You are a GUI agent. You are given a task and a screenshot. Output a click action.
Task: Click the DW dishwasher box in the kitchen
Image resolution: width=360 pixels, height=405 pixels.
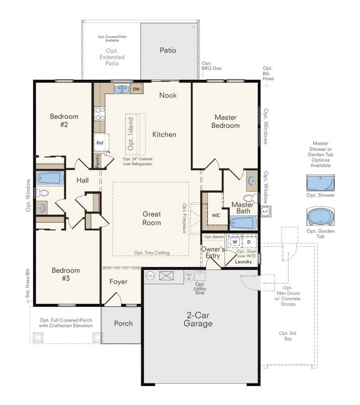[x=136, y=89]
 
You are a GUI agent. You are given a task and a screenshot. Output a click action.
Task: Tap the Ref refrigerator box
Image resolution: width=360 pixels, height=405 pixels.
[x=100, y=143]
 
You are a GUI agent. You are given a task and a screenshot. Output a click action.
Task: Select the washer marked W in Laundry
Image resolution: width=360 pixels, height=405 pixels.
[x=234, y=242]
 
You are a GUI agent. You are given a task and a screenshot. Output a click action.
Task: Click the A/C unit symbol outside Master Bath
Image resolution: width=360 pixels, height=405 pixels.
[x=265, y=211]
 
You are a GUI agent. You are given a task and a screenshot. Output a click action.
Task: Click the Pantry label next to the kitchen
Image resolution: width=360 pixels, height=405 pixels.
[x=97, y=161]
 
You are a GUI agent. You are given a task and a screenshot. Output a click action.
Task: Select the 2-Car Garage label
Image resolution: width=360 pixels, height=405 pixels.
[x=198, y=319]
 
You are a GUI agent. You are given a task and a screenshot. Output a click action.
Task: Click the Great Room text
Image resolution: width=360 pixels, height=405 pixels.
[x=152, y=218]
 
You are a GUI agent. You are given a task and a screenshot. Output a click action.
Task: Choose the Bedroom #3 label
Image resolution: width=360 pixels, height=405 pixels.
[x=66, y=274]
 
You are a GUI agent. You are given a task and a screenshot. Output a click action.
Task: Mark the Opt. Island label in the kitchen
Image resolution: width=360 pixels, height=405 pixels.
[x=130, y=134]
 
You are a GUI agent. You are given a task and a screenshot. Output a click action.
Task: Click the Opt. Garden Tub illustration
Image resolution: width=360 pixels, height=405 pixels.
[x=319, y=216]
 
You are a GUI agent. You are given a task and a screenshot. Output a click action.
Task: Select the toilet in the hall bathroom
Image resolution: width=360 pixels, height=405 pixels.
[x=43, y=193]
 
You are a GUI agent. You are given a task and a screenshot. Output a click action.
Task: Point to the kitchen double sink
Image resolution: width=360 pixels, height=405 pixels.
[x=121, y=89]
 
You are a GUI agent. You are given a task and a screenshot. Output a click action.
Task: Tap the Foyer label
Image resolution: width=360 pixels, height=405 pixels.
[x=118, y=282]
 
